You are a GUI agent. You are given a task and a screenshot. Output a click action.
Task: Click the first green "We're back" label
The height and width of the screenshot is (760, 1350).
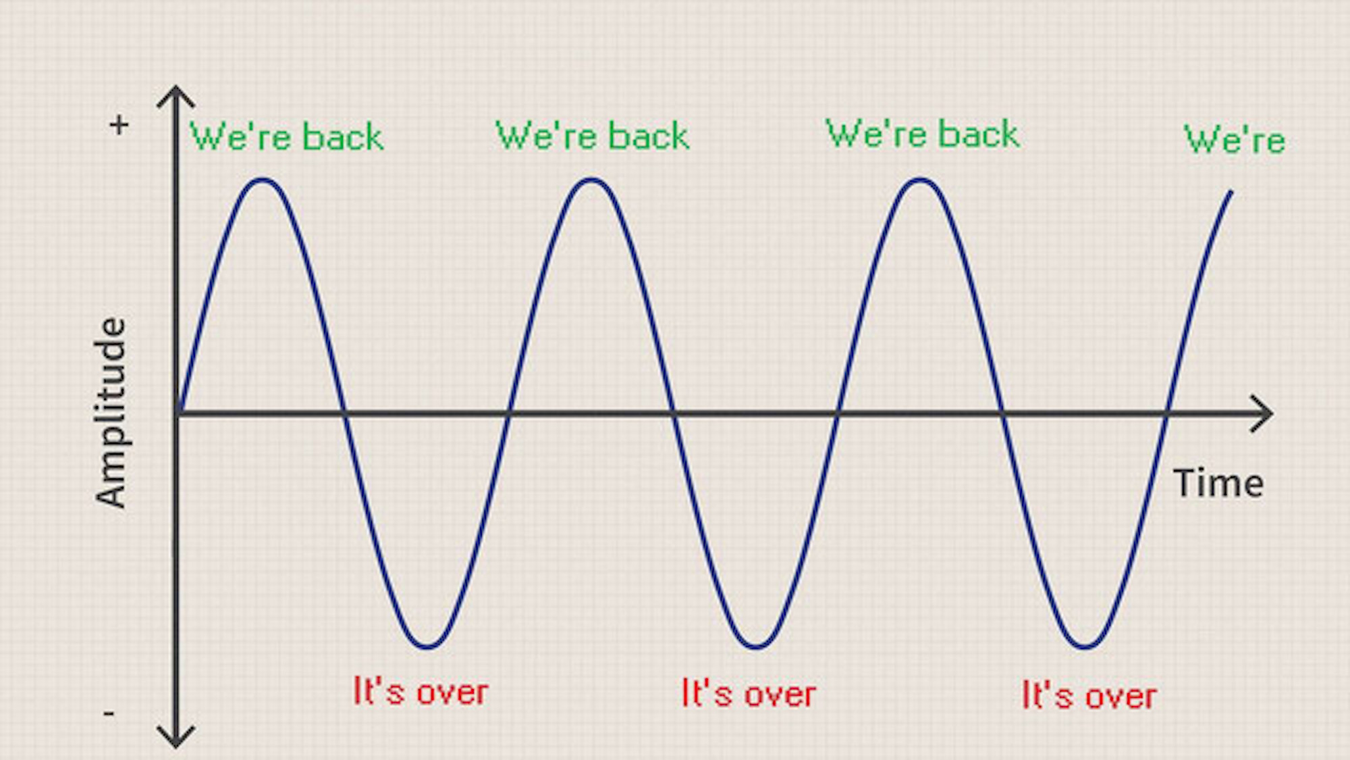tap(287, 136)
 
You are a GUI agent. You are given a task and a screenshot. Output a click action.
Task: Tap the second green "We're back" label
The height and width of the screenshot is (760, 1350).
tap(592, 135)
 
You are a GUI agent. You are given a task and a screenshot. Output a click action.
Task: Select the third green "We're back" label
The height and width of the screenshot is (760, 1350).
tap(922, 133)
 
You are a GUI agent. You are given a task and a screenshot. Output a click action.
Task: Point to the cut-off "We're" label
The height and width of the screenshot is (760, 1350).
tap(1235, 140)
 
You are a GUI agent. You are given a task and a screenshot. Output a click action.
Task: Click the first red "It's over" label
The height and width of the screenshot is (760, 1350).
tap(421, 691)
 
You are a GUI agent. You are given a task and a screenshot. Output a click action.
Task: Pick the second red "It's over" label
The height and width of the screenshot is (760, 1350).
tap(749, 693)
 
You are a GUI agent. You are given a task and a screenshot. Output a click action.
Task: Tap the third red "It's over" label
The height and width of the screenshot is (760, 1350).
tap(1089, 695)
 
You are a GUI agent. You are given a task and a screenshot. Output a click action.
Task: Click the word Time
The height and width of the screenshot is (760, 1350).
tap(1218, 484)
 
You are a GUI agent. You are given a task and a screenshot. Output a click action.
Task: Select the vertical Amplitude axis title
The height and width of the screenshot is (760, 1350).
tap(111, 412)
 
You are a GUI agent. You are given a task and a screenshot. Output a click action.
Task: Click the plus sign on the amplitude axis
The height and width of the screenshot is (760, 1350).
tap(119, 125)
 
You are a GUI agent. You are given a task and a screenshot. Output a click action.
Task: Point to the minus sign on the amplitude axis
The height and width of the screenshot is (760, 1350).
tap(109, 713)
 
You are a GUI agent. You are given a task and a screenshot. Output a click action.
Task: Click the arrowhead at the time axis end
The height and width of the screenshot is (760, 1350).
tap(1261, 413)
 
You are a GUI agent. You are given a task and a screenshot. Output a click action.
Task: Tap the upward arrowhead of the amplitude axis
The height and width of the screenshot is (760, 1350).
tap(175, 96)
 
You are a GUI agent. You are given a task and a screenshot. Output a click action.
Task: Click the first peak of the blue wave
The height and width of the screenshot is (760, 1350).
tap(262, 180)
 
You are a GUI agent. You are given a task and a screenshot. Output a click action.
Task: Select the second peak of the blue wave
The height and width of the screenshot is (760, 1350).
tap(591, 180)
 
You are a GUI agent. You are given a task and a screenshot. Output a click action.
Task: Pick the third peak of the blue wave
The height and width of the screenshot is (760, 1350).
tap(920, 180)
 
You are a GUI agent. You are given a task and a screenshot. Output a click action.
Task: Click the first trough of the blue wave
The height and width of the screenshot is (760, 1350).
tap(427, 647)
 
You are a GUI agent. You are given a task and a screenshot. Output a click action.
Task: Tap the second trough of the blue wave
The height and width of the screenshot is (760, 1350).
tap(756, 647)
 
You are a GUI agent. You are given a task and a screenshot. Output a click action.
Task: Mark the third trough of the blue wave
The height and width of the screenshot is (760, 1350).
tap(1085, 647)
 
